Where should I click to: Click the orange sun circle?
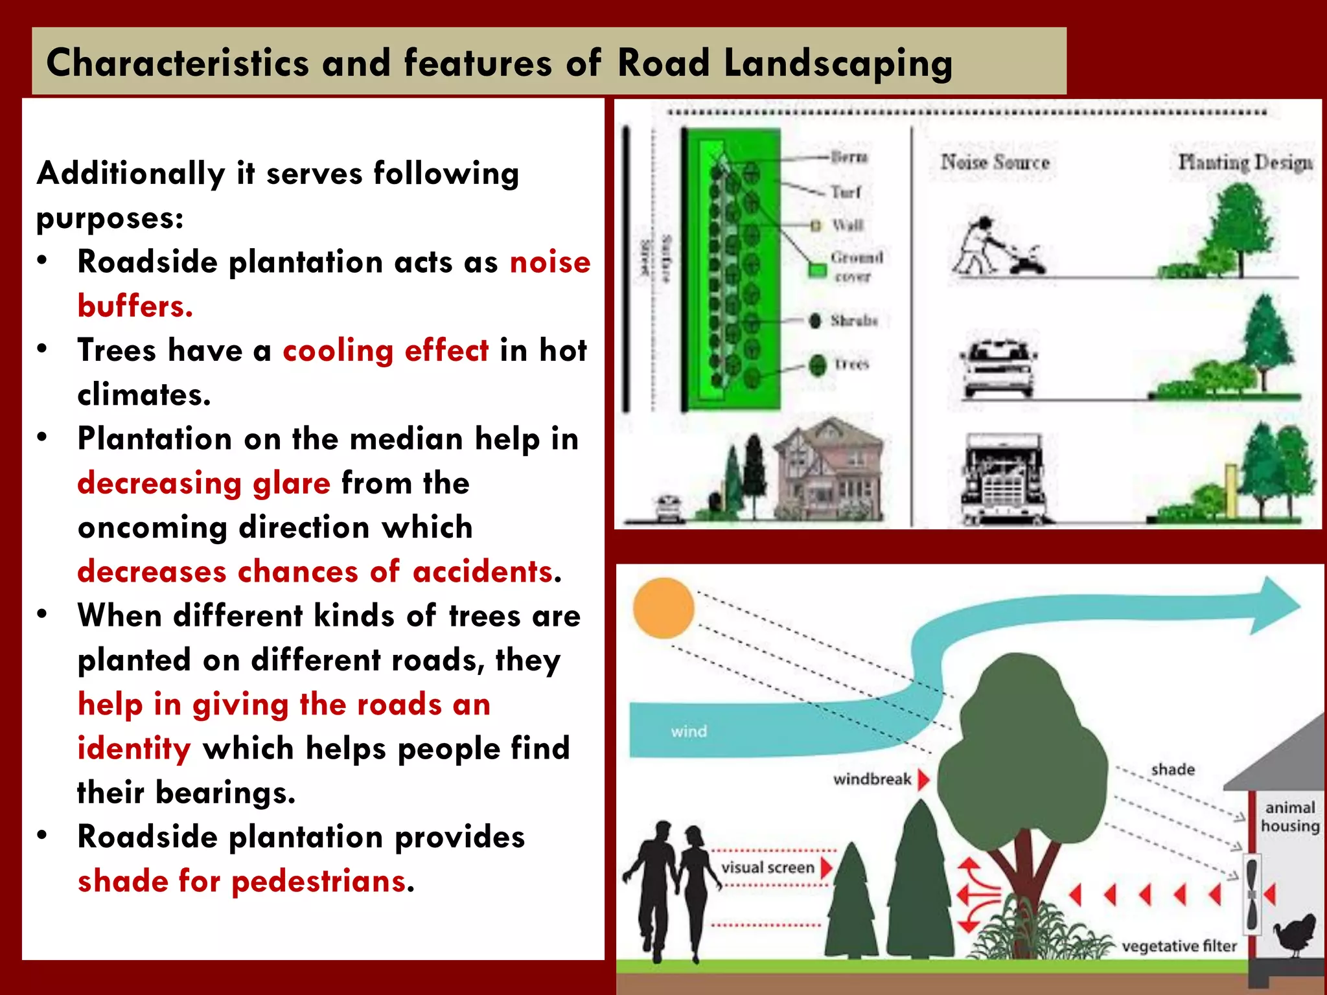pyautogui.click(x=663, y=608)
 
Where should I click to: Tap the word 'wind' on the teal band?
pyautogui.click(x=689, y=731)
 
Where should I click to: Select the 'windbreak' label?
pyautogui.click(x=872, y=779)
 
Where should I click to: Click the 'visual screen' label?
pyautogui.click(x=768, y=867)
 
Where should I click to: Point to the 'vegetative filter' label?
pyautogui.click(x=1179, y=946)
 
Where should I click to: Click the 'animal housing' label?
pyautogui.click(x=1289, y=816)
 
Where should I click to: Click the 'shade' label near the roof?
pyautogui.click(x=1173, y=770)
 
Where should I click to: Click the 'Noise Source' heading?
pyautogui.click(x=995, y=162)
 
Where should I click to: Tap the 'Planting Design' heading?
pyautogui.click(x=1245, y=162)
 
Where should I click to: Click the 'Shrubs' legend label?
pyautogui.click(x=854, y=321)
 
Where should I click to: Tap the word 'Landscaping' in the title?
pyautogui.click(x=838, y=63)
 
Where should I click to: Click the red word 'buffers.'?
pyautogui.click(x=135, y=306)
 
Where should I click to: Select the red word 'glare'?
pyautogui.click(x=291, y=483)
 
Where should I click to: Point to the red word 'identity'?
pyautogui.click(x=134, y=748)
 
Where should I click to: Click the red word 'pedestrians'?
pyautogui.click(x=319, y=881)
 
